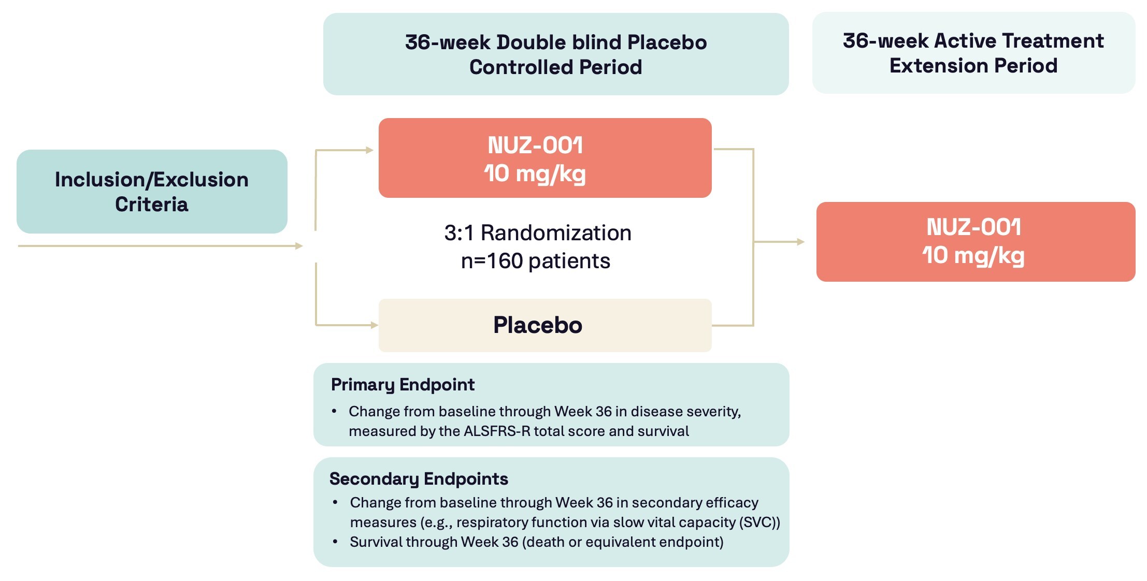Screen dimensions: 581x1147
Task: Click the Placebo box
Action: pyautogui.click(x=544, y=325)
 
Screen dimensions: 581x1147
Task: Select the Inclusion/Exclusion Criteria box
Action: pyautogui.click(x=152, y=192)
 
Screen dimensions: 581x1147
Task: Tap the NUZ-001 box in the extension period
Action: pyautogui.click(x=975, y=242)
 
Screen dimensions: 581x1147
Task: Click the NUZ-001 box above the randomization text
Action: pyautogui.click(x=544, y=158)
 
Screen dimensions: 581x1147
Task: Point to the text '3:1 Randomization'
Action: pyautogui.click(x=537, y=233)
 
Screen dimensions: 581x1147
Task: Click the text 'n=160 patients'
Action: pyautogui.click(x=535, y=261)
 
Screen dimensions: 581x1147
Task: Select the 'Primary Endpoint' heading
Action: pyautogui.click(x=403, y=385)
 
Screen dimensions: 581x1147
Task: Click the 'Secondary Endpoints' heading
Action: pyautogui.click(x=419, y=479)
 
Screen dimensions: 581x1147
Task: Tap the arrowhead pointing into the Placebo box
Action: pyautogui.click(x=375, y=325)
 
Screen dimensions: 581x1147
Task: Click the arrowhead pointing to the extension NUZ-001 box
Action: pyautogui.click(x=800, y=242)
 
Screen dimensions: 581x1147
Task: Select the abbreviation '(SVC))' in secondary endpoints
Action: pyautogui.click(x=760, y=522)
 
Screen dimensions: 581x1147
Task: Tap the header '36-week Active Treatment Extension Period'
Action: pyautogui.click(x=973, y=53)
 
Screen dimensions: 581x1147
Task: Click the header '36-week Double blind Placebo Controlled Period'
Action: pyautogui.click(x=555, y=54)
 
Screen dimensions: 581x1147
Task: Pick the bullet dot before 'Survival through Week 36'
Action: pyautogui.click(x=335, y=542)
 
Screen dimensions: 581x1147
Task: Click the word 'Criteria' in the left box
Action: pyautogui.click(x=152, y=205)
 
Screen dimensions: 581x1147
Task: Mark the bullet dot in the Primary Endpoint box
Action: pyautogui.click(x=334, y=411)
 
